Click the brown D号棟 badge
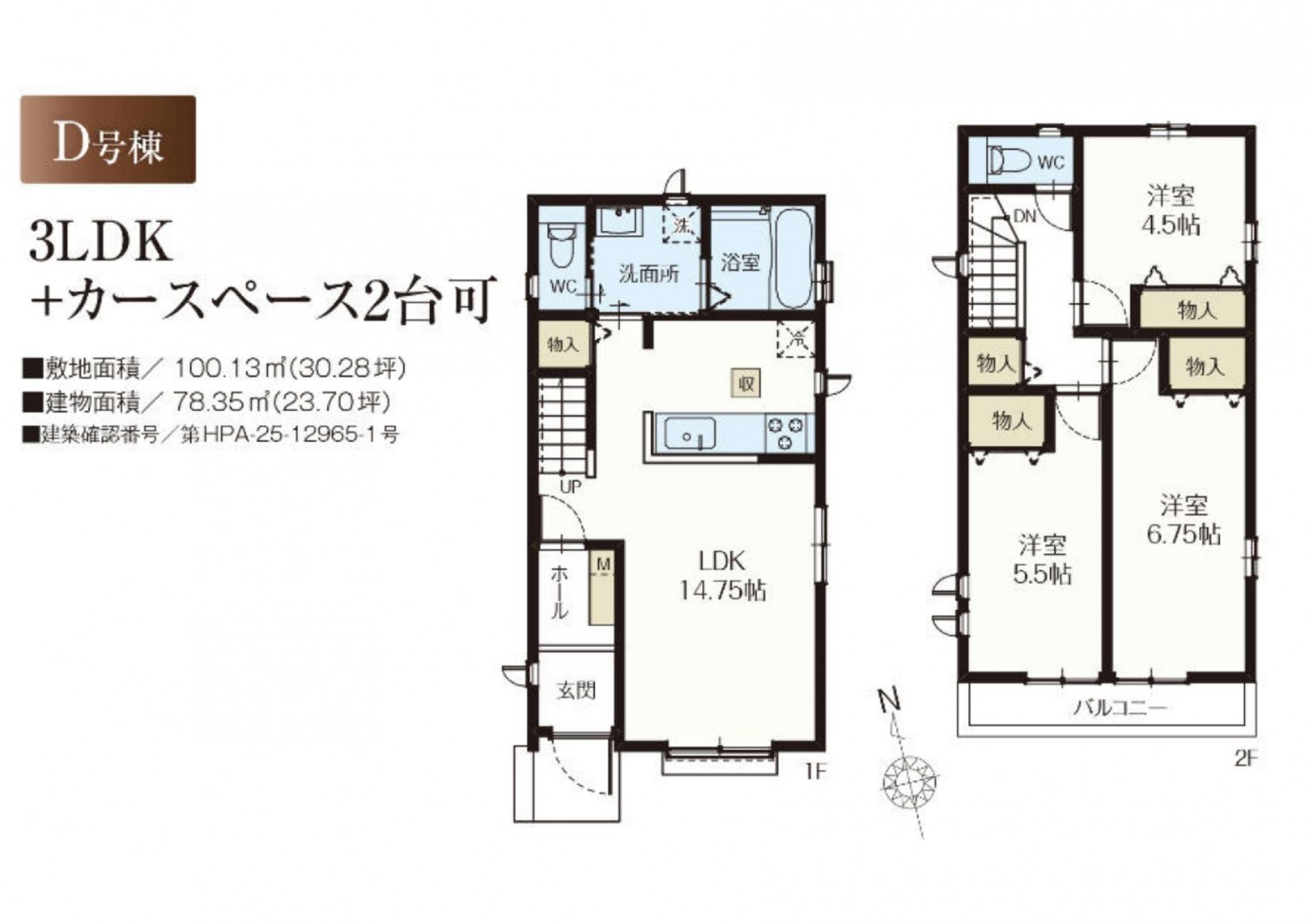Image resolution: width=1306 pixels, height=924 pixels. [108, 139]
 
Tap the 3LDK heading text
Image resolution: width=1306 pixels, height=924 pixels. [101, 241]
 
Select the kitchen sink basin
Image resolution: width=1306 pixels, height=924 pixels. [690, 433]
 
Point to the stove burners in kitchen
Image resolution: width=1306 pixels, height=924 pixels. [784, 433]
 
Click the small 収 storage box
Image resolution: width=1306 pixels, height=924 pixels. [746, 383]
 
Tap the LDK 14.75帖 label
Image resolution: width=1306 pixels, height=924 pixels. [723, 577]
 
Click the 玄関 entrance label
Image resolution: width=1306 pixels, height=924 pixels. [576, 691]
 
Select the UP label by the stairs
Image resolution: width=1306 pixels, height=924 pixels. [571, 487]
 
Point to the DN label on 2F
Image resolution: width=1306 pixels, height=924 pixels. [1025, 217]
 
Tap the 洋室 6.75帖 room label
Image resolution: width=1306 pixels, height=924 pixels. [1184, 520]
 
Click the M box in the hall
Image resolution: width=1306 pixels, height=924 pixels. [604, 565]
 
